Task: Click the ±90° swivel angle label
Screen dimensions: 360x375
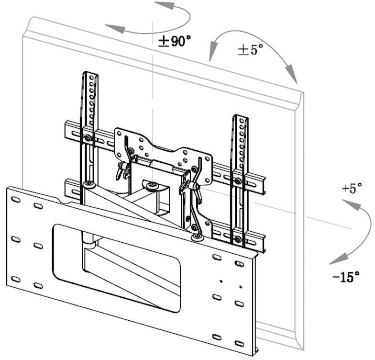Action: pos(175,41)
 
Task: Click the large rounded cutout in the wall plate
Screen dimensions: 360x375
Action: pos(117,261)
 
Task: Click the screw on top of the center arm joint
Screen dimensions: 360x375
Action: pos(152,185)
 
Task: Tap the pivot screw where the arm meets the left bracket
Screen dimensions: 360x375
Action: pos(88,184)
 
